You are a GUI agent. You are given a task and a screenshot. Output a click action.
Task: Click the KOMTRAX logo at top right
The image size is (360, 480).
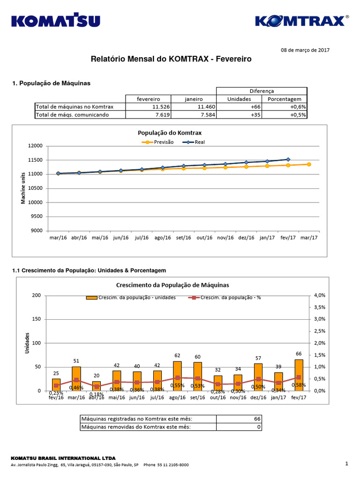coord(301,21)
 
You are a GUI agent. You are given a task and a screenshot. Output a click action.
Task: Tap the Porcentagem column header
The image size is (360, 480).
coord(284,99)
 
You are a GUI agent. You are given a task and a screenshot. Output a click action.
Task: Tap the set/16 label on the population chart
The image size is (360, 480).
coord(183,238)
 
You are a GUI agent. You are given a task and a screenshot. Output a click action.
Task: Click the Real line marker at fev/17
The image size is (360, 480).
coord(288,159)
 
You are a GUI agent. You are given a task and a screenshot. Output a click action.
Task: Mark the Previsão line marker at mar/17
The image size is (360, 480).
coord(308,164)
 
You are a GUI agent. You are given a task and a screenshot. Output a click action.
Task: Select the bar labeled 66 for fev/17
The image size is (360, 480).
coord(299,375)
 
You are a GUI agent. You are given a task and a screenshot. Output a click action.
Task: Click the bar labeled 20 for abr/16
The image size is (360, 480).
coord(96,386)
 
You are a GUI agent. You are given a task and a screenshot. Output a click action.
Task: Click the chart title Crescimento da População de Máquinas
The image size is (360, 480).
coord(172,285)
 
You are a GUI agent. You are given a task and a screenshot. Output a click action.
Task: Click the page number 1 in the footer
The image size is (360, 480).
coord(346,464)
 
